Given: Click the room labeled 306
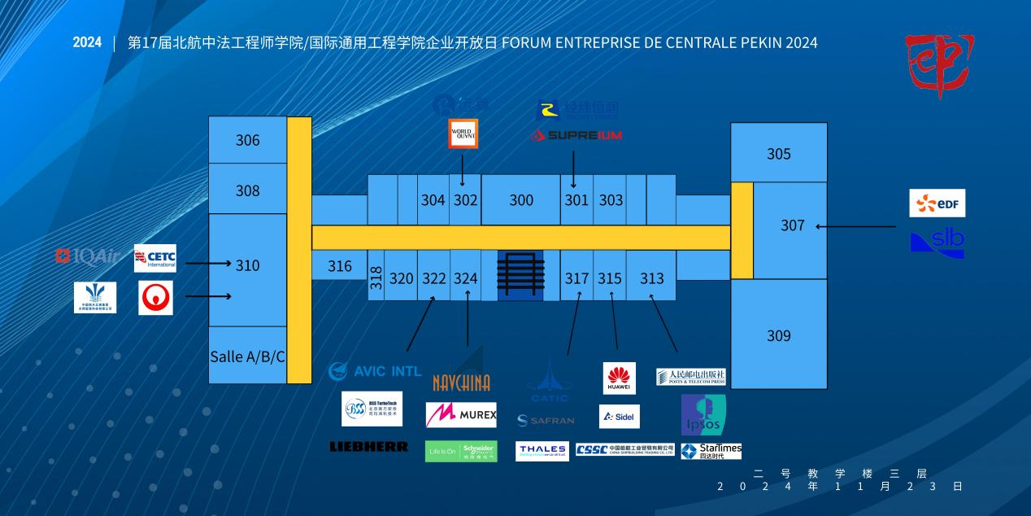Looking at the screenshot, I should coord(248,140).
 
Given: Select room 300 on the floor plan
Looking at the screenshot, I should coord(521,200).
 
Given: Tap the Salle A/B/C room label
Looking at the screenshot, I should coord(248,356).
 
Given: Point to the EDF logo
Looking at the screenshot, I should coord(937,203).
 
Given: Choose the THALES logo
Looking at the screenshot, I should coord(542,451).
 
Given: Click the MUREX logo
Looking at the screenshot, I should coord(461,415).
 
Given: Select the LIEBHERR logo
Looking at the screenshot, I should coord(369,447).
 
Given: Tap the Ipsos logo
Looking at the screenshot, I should coord(703,415).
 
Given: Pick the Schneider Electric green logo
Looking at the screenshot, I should coord(461,451).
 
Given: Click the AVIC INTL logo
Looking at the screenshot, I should coord(375,371).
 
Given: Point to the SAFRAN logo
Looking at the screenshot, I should coord(546,421).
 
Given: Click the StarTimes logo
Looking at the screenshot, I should coord(711,451).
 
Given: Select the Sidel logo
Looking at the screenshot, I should coord(620,417).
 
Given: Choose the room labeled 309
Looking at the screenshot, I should coord(779,335).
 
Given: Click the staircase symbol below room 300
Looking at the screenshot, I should coord(520,274).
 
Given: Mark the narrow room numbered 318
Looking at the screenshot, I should coord(376,278).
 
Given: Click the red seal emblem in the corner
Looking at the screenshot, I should coord(940,65).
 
